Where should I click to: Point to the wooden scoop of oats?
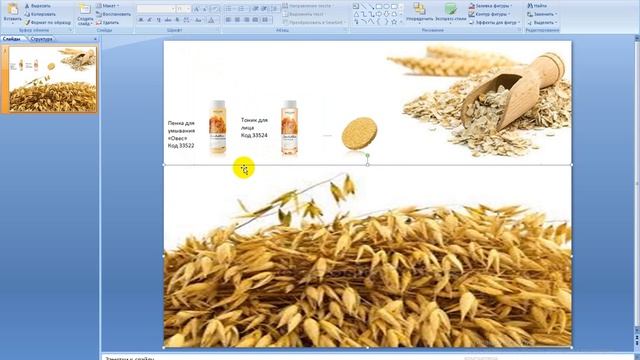click(516, 85)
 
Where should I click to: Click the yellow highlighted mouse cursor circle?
click(244, 169)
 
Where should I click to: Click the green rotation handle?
click(368, 156)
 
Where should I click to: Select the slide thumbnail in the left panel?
click(53, 79)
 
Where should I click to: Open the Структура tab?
click(42, 39)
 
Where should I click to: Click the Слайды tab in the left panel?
click(13, 39)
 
